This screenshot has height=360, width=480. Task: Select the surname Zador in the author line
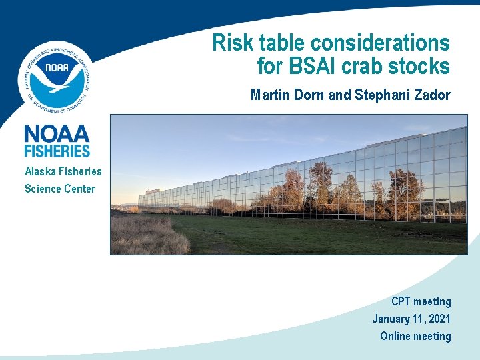click(x=432, y=95)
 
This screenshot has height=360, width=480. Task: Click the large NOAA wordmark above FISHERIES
click(x=57, y=133)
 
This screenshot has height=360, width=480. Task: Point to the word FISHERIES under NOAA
click(x=57, y=151)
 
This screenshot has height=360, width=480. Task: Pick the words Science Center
click(x=60, y=189)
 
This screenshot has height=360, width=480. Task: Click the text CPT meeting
click(x=421, y=301)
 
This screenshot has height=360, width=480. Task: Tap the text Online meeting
click(x=415, y=336)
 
